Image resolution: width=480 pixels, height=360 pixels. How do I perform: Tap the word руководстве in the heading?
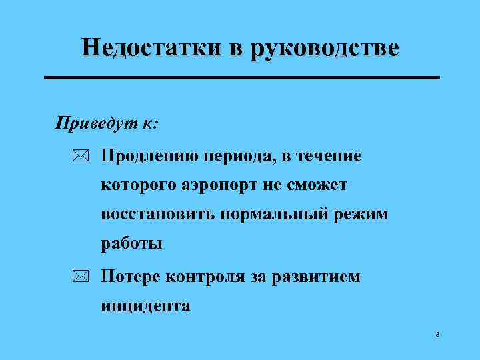coord(324,49)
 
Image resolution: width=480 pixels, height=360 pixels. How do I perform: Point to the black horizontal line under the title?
coord(241,78)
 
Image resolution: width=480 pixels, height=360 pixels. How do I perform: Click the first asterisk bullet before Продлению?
coord(81,157)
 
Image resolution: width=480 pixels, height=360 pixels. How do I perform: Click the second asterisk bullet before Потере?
coord(81,277)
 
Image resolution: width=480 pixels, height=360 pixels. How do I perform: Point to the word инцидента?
coord(146,307)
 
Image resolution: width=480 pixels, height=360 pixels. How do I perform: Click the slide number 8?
coord(437,334)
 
